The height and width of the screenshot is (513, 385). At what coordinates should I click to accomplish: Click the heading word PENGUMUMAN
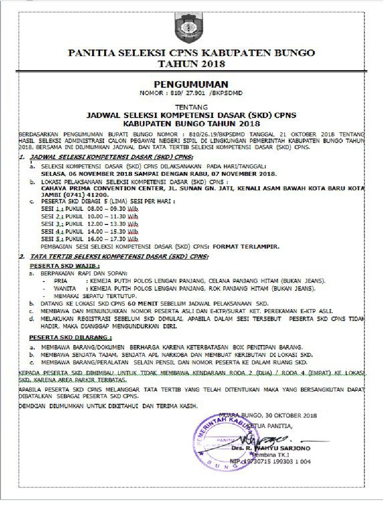click(191, 84)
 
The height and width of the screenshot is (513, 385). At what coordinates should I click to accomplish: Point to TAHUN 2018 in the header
click(191, 64)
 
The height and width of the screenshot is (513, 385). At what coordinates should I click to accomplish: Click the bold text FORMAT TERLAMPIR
click(245, 247)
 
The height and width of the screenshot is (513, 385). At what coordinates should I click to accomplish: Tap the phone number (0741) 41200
click(87, 194)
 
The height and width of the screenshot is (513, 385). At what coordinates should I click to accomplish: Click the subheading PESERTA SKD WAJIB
click(65, 266)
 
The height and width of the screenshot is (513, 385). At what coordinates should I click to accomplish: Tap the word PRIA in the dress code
click(60, 282)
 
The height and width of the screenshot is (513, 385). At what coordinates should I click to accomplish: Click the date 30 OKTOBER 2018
click(292, 415)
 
